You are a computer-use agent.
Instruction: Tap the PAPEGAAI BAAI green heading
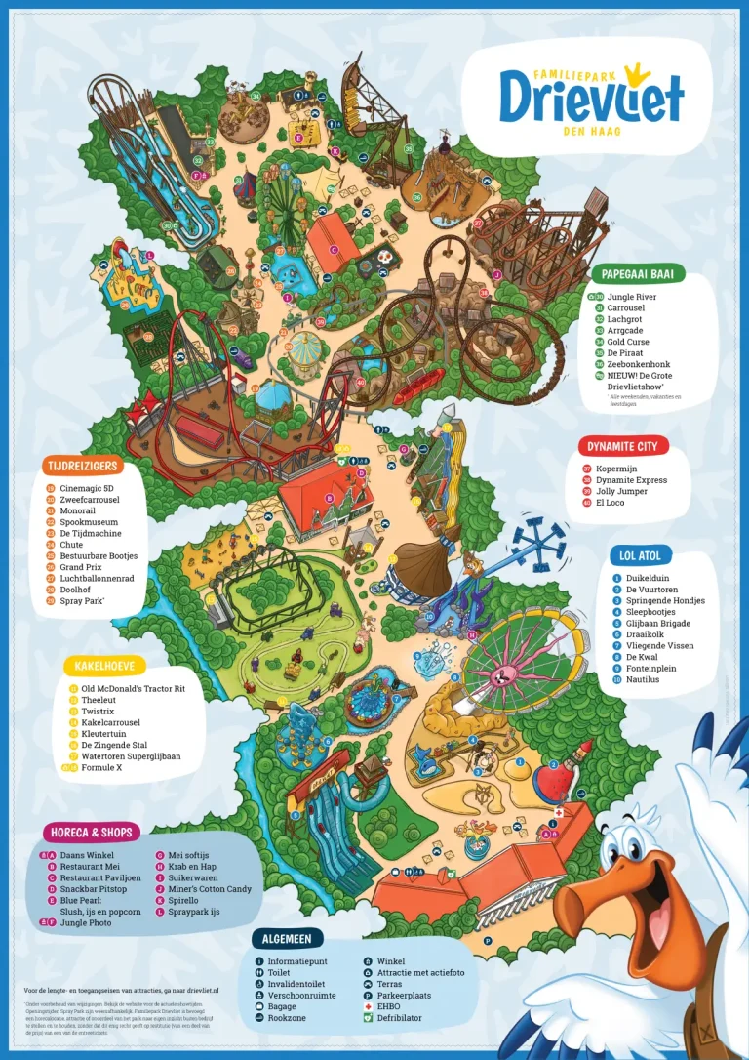click(638, 274)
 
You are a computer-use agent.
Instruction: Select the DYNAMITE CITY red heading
click(622, 446)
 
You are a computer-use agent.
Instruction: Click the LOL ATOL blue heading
click(640, 555)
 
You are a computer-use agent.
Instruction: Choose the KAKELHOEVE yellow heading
click(103, 667)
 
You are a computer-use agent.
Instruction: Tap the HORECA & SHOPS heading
click(92, 833)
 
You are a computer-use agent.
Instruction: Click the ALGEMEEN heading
click(287, 938)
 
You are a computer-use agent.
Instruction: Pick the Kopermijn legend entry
click(616, 469)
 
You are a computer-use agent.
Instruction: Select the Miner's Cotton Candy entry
click(210, 889)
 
